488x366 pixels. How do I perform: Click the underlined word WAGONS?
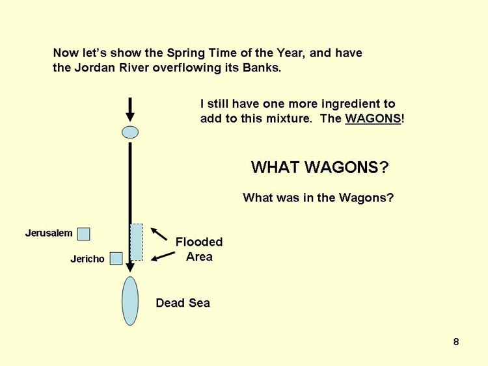pos(373,118)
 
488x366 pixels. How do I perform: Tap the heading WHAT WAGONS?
pos(320,167)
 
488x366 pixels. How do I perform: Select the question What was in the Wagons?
pos(318,198)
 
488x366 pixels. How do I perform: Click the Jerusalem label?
pos(49,233)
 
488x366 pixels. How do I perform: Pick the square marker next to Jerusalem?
pos(84,234)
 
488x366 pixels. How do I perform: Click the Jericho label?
pos(87,259)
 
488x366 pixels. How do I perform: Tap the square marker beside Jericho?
pos(116,258)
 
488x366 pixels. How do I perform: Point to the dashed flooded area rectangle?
pos(137,242)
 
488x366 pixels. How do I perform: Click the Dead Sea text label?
pos(183,303)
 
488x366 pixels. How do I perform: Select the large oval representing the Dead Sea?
pos(130,301)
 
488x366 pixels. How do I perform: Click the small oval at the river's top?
pos(130,132)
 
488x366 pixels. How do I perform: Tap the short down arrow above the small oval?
pos(130,109)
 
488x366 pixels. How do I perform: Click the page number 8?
pos(456,342)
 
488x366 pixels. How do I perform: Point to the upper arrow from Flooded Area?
pos(159,234)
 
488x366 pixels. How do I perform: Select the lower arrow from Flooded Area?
pos(163,256)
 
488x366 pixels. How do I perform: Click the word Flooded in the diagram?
pos(199,242)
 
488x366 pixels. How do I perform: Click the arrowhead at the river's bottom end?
pos(130,268)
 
